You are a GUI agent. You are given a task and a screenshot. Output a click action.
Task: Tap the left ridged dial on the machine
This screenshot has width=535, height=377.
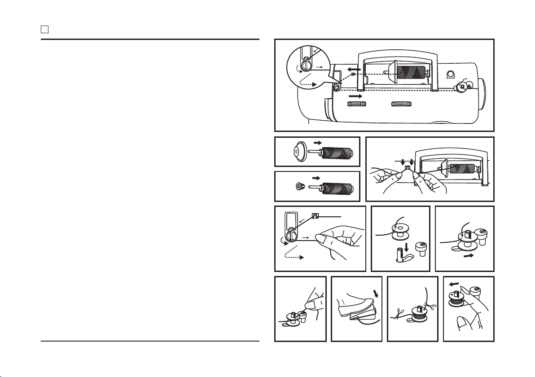357,104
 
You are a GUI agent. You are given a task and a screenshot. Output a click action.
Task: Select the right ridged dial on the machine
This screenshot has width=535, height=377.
401,104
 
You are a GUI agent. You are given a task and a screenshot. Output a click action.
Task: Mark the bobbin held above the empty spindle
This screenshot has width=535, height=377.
398,228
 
